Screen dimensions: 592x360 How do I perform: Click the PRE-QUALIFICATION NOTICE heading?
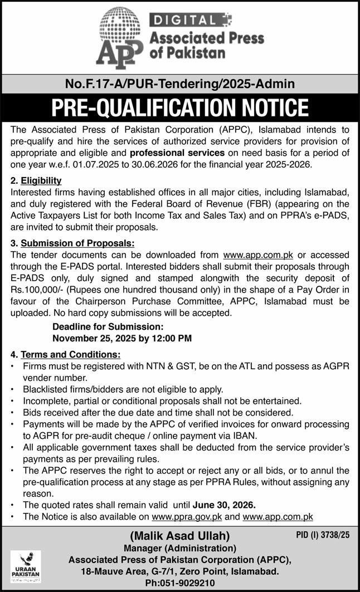click(180, 107)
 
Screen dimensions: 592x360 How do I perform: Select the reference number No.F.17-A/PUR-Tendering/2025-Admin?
click(180, 84)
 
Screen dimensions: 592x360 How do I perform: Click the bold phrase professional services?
click(177, 153)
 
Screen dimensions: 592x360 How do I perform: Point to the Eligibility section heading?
click(41, 180)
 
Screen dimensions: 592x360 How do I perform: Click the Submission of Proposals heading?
click(77, 243)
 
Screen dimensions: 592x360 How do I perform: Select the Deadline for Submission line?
click(108, 327)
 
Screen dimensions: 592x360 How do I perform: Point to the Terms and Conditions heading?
click(71, 354)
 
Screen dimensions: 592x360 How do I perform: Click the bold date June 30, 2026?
click(224, 505)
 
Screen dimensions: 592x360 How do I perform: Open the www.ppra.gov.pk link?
click(187, 517)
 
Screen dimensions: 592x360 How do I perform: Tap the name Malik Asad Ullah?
click(179, 536)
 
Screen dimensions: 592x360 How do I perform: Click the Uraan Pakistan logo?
click(26, 566)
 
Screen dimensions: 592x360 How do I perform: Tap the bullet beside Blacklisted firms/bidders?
click(13, 389)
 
